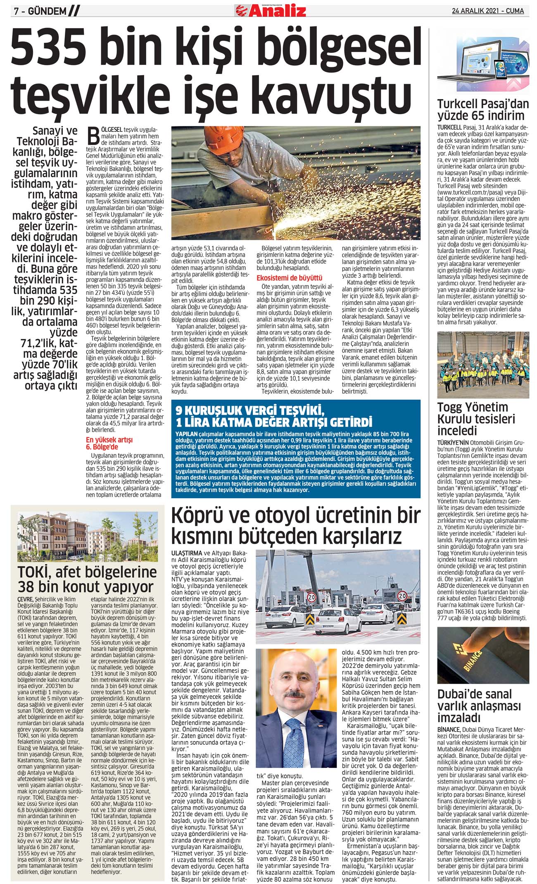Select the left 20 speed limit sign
[x=312, y=597]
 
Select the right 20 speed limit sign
[x=402, y=596]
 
